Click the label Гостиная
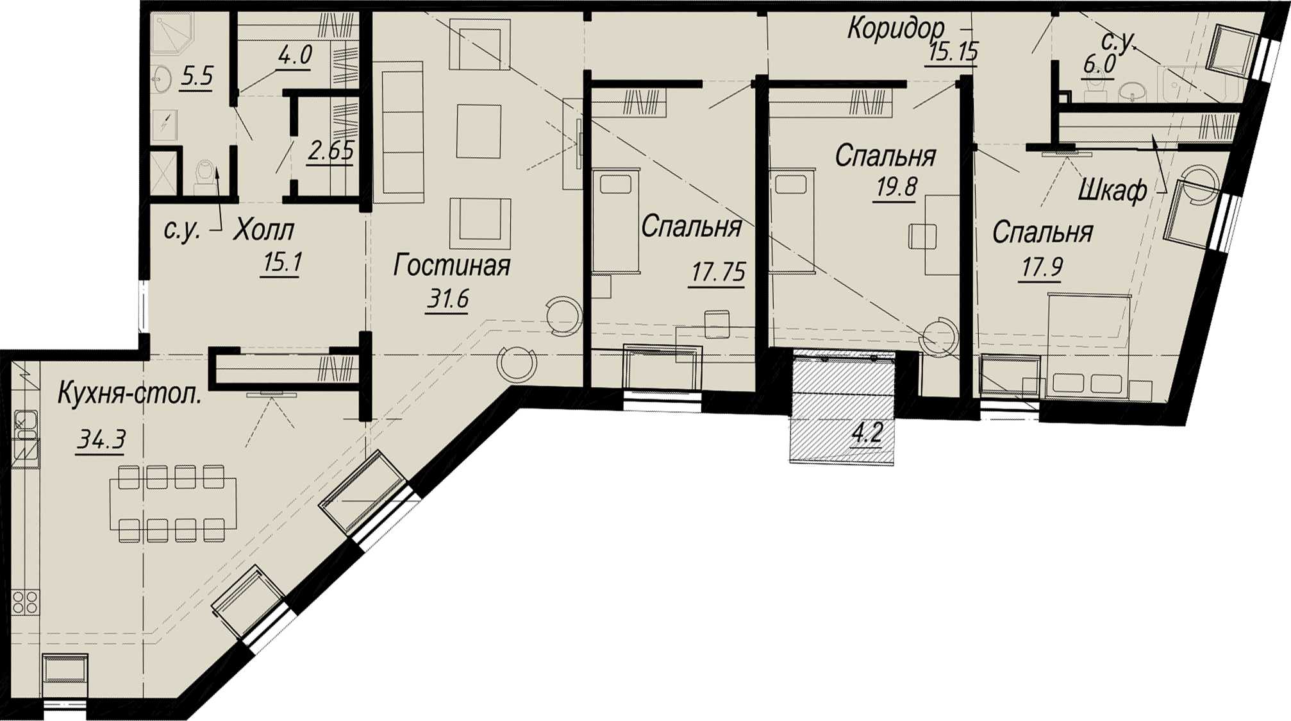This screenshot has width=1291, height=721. click(452, 266)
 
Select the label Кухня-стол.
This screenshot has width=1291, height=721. click(129, 394)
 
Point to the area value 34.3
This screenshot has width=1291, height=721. click(101, 441)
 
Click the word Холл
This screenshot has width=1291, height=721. click(263, 230)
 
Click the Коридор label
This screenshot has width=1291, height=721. click(895, 28)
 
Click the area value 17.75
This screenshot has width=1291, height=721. click(718, 273)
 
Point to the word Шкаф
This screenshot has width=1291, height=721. click(1113, 190)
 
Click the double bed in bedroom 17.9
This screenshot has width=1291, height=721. click(1088, 346)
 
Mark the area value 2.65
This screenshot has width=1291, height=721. click(331, 152)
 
